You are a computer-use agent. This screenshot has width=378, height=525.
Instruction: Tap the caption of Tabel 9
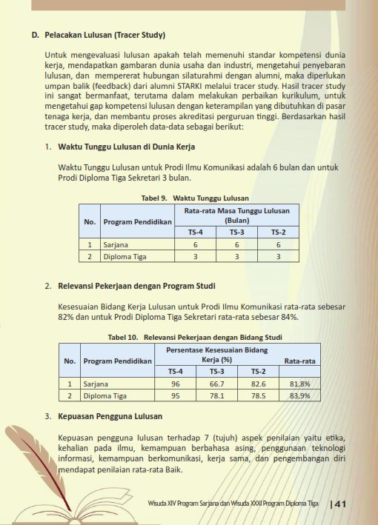coord(195,198)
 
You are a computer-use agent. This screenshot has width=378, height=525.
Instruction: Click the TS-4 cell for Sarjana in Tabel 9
coord(195,244)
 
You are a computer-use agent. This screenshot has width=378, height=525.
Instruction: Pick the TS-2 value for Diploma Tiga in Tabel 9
coord(278,257)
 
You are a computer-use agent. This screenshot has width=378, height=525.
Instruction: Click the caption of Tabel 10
coord(195,338)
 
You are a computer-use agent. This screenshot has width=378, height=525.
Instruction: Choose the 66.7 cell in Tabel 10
coord(217,384)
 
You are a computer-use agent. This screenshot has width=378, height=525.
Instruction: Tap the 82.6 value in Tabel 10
coord(258,384)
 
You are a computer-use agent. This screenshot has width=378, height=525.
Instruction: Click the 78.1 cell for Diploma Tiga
coord(217,396)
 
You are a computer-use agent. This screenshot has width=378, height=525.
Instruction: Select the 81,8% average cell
coord(300,384)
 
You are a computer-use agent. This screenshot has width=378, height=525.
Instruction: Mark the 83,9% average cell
coord(300,396)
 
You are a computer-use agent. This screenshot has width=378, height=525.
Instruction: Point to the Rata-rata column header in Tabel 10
coord(300,361)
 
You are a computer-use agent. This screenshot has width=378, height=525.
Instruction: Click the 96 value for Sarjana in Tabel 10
coord(176,384)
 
